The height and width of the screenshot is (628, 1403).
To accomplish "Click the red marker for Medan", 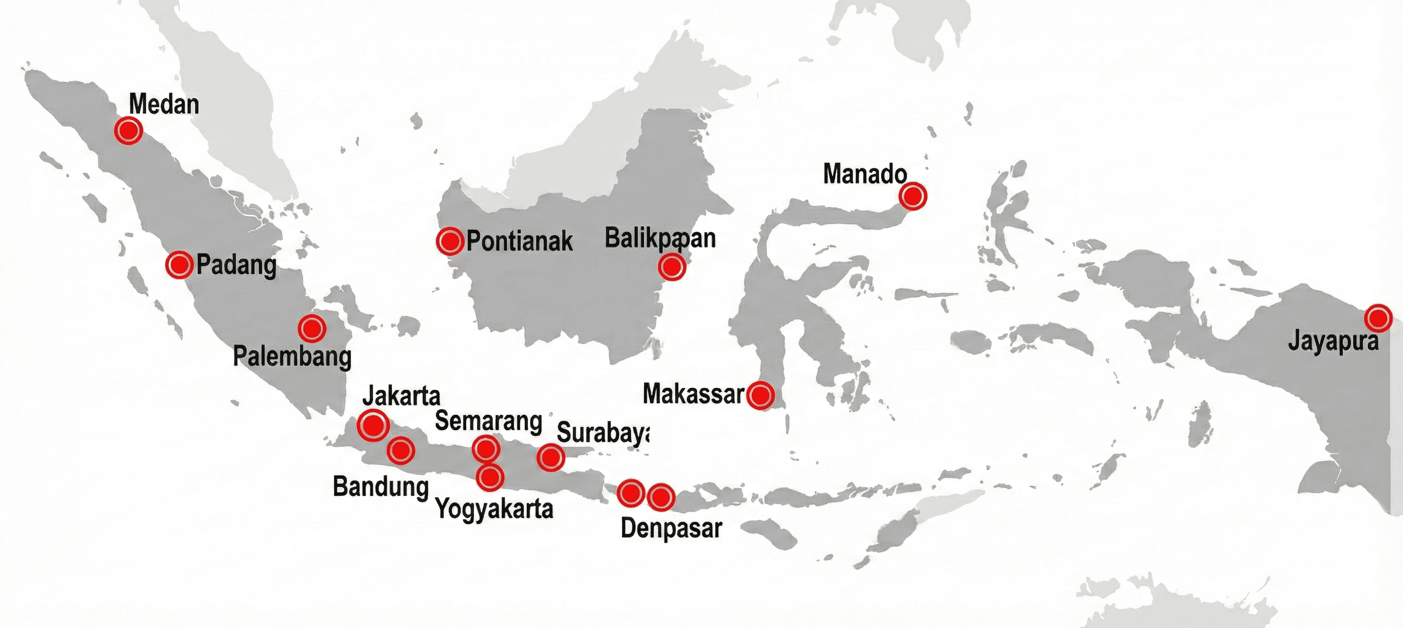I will click(x=128, y=131).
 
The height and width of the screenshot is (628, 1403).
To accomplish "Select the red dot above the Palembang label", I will click(x=312, y=328).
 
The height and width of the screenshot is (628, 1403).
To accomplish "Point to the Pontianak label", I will click(x=519, y=241).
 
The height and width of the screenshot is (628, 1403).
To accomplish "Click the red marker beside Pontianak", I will click(x=450, y=241).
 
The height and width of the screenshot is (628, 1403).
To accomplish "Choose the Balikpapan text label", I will click(x=659, y=238).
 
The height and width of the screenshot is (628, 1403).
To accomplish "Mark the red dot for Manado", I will click(x=913, y=196).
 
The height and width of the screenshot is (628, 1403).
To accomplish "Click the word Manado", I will click(x=865, y=174).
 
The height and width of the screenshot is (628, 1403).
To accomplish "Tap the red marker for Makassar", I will click(x=760, y=394).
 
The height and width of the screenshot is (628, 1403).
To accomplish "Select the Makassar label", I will click(x=693, y=393).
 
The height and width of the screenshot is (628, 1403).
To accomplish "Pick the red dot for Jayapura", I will click(x=1378, y=318).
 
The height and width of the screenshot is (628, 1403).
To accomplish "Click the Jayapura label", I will click(x=1333, y=342).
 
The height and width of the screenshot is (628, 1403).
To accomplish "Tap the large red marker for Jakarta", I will click(x=374, y=425).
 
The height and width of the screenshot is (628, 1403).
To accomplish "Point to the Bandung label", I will click(x=381, y=487).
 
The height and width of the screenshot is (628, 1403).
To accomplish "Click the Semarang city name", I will click(x=488, y=421).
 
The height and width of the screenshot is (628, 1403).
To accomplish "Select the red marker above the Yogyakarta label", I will click(x=490, y=477).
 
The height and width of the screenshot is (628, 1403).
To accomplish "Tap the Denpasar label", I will click(x=671, y=528).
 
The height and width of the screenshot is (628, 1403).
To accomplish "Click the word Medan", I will click(x=164, y=104).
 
